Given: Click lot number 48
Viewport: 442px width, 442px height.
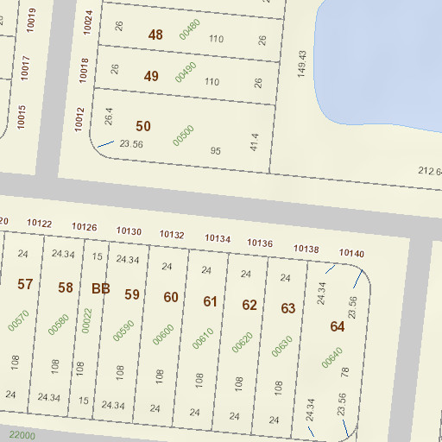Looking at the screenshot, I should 155,35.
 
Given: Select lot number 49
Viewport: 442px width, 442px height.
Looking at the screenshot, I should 151,76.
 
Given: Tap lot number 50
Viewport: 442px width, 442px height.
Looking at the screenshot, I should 143,126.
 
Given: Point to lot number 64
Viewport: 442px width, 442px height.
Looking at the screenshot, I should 337,326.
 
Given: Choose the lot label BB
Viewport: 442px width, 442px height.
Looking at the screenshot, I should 101,288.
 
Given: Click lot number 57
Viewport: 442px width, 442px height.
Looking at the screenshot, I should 25,285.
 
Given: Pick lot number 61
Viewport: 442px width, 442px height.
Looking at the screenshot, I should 211,301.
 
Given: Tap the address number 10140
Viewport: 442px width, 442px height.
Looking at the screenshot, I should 352,253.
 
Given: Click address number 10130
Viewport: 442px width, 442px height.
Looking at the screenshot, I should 129,231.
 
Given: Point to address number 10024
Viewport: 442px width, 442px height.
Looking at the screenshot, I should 88,22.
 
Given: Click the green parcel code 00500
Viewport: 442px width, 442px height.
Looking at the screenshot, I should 182,135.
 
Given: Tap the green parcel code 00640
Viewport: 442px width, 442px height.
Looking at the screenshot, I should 331,357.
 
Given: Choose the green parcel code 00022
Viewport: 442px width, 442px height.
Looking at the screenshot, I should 86,319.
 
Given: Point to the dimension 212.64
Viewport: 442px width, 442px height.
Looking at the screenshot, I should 430,173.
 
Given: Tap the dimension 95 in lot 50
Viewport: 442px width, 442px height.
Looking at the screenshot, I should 216,151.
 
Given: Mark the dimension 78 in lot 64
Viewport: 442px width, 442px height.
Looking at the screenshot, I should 345,372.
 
